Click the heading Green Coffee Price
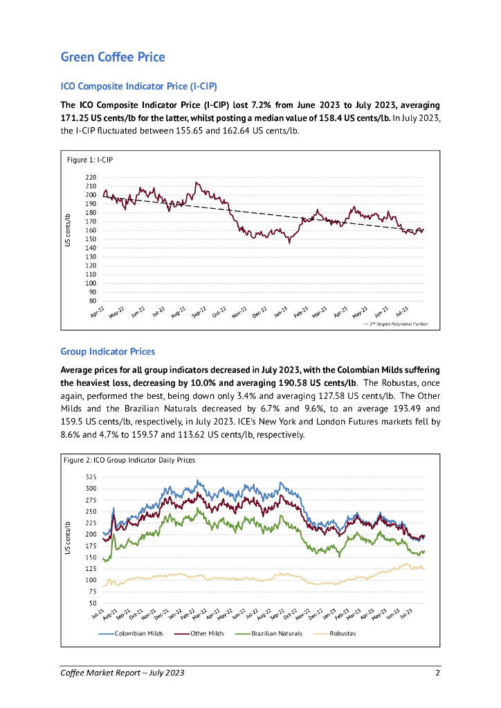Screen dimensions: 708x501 pos(113,57)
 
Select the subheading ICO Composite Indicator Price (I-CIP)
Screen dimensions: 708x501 pos(138,86)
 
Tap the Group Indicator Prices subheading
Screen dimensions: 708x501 pos(107,352)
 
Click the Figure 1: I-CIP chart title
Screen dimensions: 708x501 pos(89,160)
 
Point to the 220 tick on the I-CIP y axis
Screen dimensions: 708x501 pos(91,178)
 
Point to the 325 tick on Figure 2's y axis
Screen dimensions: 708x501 pos(91,478)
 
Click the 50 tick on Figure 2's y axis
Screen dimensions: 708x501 pos(93,603)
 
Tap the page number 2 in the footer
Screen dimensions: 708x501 pos(437,673)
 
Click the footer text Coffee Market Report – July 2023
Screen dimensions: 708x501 pos(122,673)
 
